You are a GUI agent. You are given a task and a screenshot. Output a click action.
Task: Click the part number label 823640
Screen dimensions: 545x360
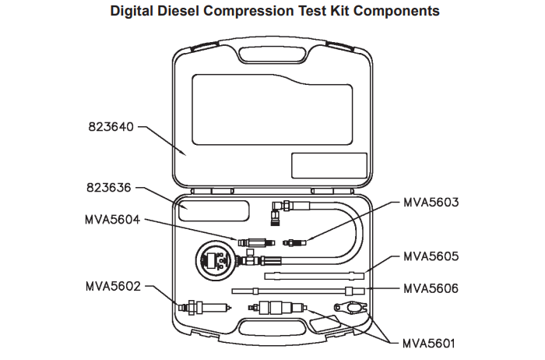[x=111, y=126]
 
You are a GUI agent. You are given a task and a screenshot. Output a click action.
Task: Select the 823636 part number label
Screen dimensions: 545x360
[x=109, y=188]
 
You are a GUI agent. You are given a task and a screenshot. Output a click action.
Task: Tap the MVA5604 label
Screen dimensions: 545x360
[x=113, y=220]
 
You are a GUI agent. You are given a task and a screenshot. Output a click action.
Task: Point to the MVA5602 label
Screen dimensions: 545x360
[x=114, y=286]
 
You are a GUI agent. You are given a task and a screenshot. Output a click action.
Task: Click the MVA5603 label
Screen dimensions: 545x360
[x=431, y=202]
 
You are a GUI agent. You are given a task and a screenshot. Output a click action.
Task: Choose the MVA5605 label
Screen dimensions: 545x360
[x=431, y=256]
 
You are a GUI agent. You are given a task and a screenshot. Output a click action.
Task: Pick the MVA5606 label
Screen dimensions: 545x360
[x=431, y=288]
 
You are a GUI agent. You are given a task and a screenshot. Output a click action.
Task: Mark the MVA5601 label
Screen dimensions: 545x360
[x=428, y=344]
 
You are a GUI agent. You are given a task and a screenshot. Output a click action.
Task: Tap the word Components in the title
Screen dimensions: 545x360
[x=396, y=12]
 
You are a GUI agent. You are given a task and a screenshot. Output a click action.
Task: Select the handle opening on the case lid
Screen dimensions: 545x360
[x=272, y=55]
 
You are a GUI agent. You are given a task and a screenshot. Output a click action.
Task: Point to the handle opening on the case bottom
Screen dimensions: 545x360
[x=272, y=330]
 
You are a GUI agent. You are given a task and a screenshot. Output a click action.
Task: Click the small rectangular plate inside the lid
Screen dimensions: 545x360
[x=329, y=165]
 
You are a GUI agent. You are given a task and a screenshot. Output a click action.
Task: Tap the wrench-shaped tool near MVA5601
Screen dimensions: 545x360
[x=350, y=307]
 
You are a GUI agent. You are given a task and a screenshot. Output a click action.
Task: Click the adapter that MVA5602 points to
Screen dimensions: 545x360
[x=204, y=308]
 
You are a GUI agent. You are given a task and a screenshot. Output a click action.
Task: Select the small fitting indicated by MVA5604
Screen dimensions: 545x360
[x=256, y=242]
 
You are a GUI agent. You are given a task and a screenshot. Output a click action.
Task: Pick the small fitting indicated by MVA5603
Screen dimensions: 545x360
[x=295, y=242]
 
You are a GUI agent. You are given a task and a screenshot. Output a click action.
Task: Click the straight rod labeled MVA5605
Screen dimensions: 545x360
[x=315, y=276]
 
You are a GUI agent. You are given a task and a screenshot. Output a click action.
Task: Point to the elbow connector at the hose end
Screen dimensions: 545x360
[x=277, y=212]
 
